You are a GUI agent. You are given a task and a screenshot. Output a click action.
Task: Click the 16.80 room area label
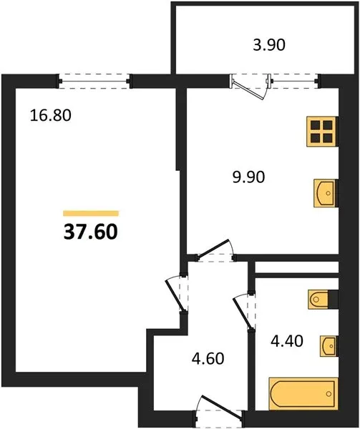tap(51, 115)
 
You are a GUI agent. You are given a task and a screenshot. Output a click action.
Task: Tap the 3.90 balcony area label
tap(269, 45)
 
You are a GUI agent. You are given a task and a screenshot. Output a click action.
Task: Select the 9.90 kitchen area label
tap(248, 177)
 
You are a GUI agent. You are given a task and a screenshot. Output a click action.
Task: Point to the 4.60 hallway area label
tap(208, 358)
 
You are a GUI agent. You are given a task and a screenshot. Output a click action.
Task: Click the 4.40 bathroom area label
tap(287, 341)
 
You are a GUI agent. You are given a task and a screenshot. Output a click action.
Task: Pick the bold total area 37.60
tap(91, 232)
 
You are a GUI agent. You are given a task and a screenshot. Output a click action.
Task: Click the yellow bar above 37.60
tap(91, 213)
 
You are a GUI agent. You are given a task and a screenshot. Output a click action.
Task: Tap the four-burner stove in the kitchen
tap(322, 132)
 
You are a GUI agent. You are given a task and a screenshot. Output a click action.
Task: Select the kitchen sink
tap(326, 193)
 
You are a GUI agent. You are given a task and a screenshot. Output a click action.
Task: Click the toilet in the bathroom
tap(318, 300)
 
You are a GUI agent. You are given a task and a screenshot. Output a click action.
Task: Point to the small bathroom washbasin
tap(329, 346)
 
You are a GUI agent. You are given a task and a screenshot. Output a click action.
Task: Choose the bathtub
tap(303, 394)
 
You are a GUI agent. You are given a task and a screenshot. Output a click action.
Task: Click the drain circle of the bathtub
tap(329, 394)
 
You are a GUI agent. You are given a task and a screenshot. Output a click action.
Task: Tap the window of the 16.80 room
tap(94, 82)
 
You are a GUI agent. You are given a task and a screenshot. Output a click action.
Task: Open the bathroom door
tap(244, 312)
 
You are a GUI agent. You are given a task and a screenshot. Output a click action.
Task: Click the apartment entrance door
tap(219, 409)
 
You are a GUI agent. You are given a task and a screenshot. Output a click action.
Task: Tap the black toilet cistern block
tap(334, 300)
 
